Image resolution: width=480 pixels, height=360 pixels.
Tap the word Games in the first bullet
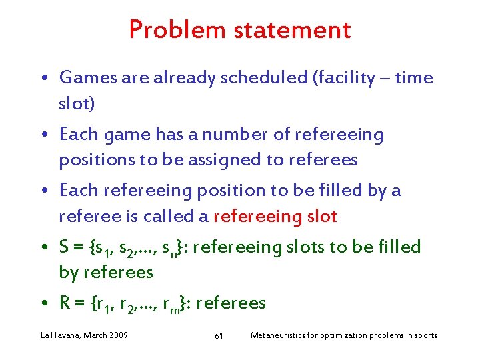(83, 79)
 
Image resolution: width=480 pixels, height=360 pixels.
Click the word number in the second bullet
(229, 135)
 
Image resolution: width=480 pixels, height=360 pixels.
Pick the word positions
(96, 160)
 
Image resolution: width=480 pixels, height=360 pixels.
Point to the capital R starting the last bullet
(65, 304)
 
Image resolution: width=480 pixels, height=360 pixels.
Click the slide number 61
(219, 335)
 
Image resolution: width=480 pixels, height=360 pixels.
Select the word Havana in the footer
(64, 335)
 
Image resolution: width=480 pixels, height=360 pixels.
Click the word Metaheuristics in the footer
(279, 335)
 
